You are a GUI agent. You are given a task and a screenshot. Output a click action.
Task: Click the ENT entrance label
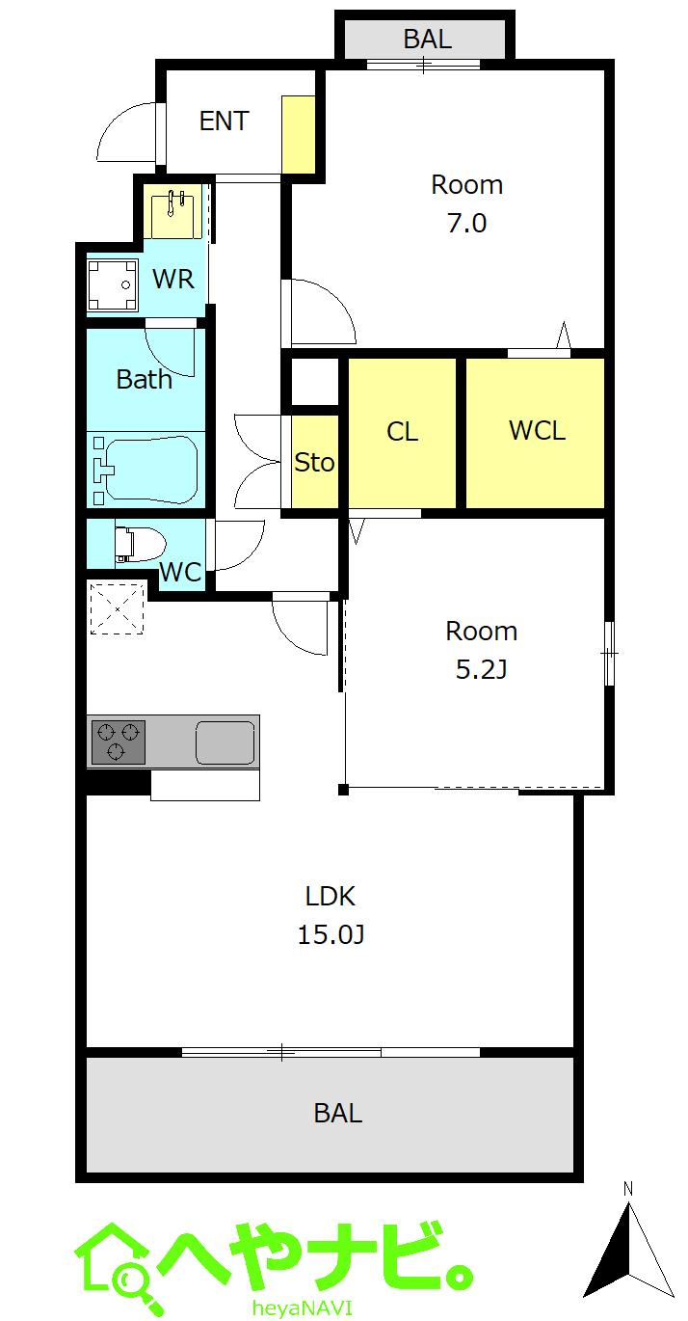(224, 121)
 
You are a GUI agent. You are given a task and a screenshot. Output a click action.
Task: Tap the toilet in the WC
(141, 543)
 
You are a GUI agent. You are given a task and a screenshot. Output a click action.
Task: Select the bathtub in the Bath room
(146, 470)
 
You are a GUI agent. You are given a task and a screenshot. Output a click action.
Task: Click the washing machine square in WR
(113, 284)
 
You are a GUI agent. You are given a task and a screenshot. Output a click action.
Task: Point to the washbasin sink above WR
(172, 212)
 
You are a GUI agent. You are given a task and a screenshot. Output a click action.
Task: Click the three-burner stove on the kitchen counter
(119, 741)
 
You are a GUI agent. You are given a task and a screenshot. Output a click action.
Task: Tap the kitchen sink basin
(225, 742)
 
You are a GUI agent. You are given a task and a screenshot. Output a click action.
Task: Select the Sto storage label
(314, 463)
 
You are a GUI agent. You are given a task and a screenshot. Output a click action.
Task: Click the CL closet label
(402, 432)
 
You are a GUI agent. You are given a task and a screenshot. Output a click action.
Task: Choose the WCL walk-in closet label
(537, 430)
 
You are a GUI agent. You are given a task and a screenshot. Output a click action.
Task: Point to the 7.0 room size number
(467, 224)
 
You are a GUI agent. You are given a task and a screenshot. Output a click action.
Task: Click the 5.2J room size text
(481, 669)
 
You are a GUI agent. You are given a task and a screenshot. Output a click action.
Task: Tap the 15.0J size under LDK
(331, 934)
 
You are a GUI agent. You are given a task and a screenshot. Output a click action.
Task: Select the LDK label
(331, 897)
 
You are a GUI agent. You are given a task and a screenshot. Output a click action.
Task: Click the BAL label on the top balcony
(428, 39)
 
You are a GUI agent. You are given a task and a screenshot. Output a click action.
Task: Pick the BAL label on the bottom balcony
(338, 1114)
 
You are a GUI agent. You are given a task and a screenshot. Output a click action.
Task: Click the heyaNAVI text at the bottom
(303, 1308)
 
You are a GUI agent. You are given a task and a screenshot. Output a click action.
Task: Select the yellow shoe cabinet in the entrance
(299, 134)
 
